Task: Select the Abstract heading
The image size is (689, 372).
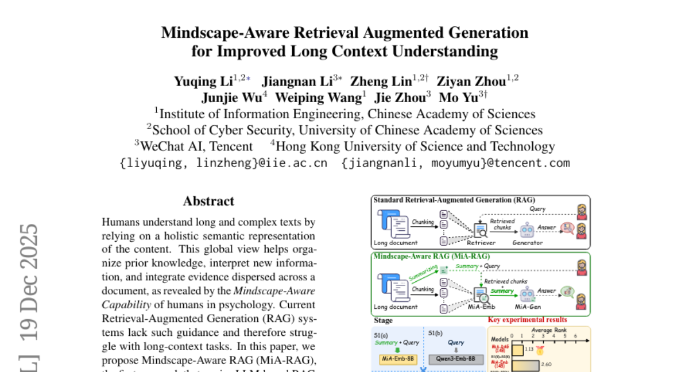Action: pos(208,201)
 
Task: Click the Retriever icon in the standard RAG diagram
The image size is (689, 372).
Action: pos(480,229)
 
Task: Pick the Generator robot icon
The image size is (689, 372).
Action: pos(527,230)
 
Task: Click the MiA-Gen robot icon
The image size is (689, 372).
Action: pos(527,295)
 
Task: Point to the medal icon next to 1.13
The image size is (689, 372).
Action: pos(540,348)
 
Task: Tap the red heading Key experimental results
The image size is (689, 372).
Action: pos(527,320)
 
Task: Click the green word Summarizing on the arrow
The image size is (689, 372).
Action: pos(424,272)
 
